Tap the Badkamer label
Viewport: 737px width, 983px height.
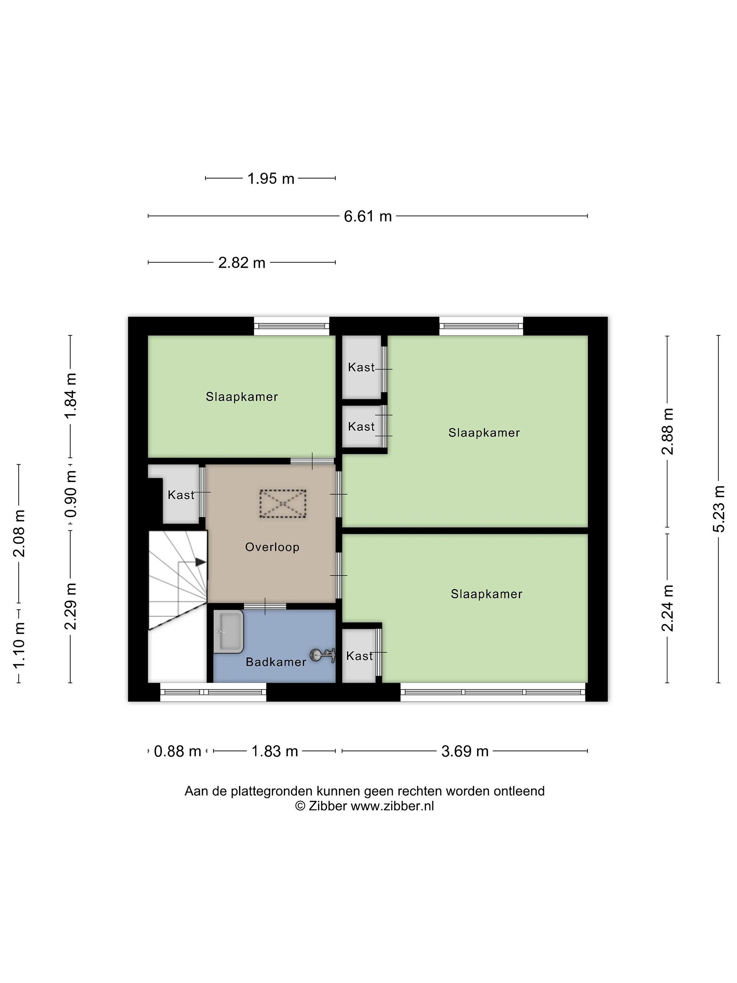[x=276, y=662]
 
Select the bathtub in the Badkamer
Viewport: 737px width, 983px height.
[x=228, y=631]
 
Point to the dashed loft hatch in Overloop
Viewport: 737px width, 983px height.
[x=283, y=503]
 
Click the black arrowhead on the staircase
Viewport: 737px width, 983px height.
[x=201, y=562]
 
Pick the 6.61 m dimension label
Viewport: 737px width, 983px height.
[x=368, y=216]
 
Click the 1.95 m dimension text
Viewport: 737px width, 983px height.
[x=271, y=179]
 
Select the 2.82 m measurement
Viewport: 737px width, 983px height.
[x=242, y=262]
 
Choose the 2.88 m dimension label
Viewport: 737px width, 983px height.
[x=667, y=431]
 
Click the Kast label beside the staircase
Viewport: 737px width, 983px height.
[x=181, y=495]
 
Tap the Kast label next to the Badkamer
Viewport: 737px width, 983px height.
[x=359, y=656]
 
